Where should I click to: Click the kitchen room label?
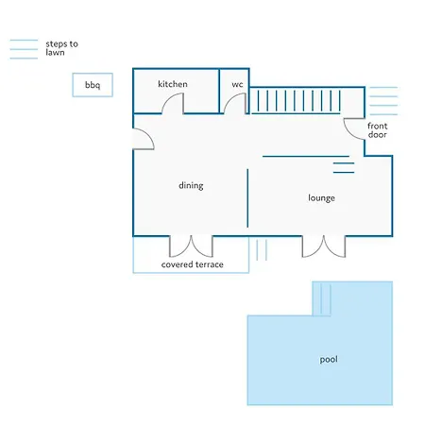pos(173,84)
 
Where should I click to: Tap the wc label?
pos(237,84)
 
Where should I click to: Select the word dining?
pos(191,185)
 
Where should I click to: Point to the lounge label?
pos(321,198)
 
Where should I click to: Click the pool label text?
pos(329,359)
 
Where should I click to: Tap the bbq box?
pos(93,85)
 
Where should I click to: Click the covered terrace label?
pos(192,264)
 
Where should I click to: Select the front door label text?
pos(377,130)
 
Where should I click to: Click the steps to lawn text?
pos(61,48)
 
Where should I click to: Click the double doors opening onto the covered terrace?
pos(191,246)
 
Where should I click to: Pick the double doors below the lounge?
pos(324,246)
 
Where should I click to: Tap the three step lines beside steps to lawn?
pos(24,49)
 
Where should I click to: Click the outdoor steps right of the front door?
pos(383,101)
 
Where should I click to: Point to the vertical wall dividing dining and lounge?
pos(247,198)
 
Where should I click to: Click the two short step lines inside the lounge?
pos(344,168)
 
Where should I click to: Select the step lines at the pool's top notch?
pos(326,298)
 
